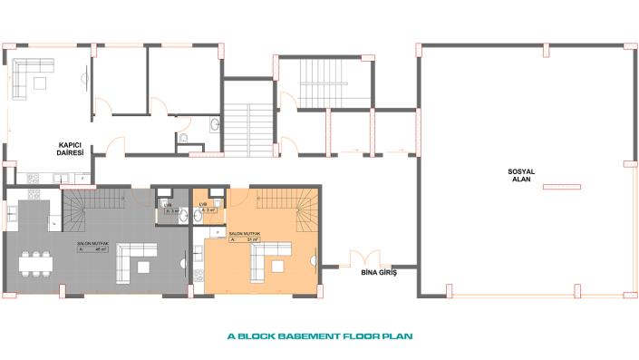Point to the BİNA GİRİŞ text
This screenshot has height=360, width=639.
point(379,272)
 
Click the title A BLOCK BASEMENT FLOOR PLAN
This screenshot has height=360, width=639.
point(319,336)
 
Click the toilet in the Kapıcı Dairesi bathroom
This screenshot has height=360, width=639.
point(183,139)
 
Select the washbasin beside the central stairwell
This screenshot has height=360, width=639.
point(214,125)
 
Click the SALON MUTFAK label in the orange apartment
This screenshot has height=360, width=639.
point(230,234)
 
